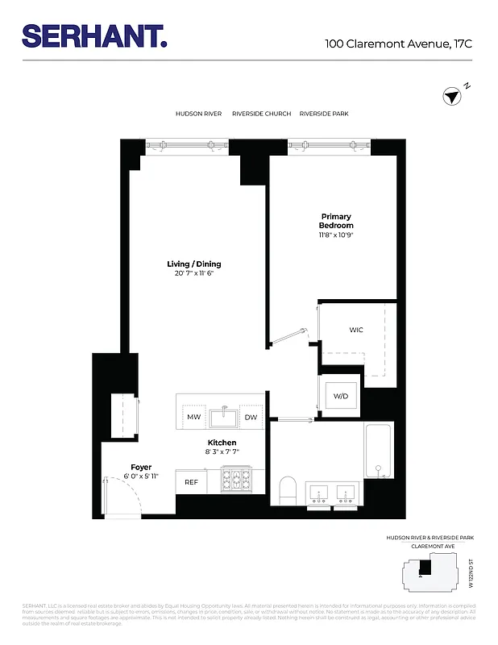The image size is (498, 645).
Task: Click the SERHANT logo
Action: tap(95, 35)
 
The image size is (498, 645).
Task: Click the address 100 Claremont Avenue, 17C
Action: tap(398, 44)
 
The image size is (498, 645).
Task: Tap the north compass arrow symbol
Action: tap(451, 97)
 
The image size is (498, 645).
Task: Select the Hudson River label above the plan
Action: tap(198, 114)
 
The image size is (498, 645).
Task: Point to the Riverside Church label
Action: tap(261, 114)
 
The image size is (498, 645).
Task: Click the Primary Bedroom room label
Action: tap(336, 221)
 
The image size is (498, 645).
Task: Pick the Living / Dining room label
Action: tap(193, 264)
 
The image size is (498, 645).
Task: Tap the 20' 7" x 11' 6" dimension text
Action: tap(193, 273)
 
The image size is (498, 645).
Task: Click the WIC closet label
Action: tap(356, 331)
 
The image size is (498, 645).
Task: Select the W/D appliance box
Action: tap(341, 396)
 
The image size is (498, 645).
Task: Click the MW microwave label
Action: tap(193, 417)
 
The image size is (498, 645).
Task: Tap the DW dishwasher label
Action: tap(251, 417)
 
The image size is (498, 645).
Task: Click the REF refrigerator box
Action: tap(191, 481)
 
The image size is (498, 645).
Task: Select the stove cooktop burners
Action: tap(237, 480)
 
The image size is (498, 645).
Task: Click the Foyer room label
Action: tap(141, 468)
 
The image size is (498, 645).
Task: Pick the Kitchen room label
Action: tap(222, 443)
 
